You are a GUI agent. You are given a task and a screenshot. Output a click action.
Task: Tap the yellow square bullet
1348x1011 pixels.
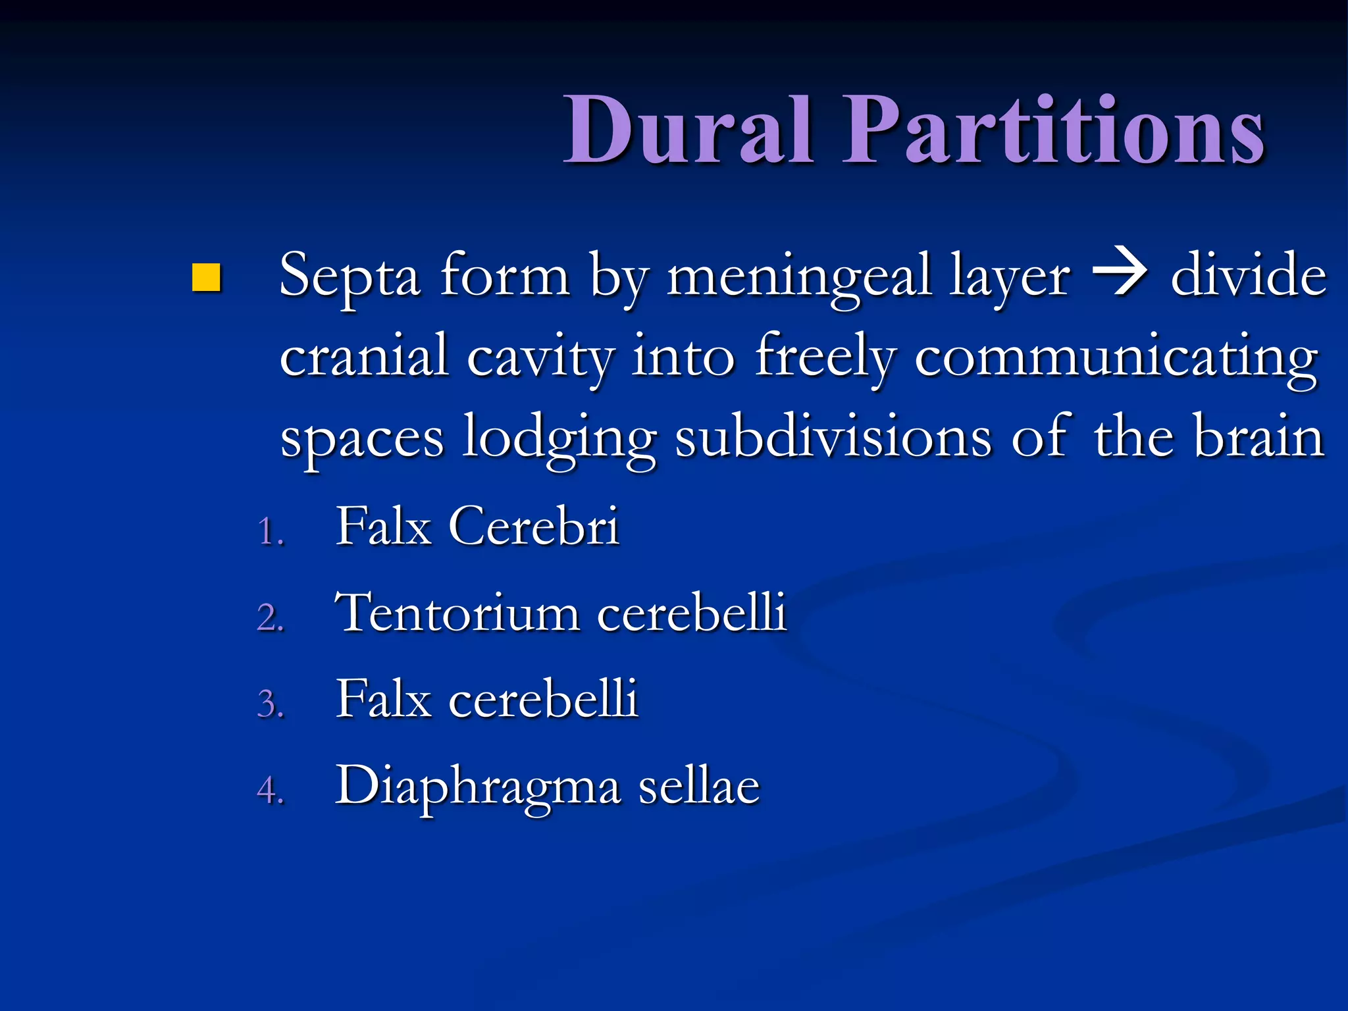(206, 277)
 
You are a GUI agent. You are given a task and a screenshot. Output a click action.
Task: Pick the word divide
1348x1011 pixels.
(1248, 275)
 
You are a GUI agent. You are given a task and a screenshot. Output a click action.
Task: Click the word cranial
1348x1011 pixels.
(364, 356)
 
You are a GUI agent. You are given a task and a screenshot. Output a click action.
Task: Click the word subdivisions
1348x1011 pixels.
(833, 436)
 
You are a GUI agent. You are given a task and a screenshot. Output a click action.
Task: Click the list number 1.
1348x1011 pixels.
(269, 531)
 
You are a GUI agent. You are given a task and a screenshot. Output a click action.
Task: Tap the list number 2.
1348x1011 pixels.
(270, 617)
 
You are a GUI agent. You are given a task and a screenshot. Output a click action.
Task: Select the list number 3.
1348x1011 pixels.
(270, 704)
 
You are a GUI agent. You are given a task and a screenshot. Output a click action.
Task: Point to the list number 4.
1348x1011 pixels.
(270, 789)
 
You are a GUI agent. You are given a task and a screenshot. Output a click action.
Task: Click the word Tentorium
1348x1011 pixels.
(457, 612)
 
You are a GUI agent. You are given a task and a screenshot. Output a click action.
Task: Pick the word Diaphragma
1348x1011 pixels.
(478, 786)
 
